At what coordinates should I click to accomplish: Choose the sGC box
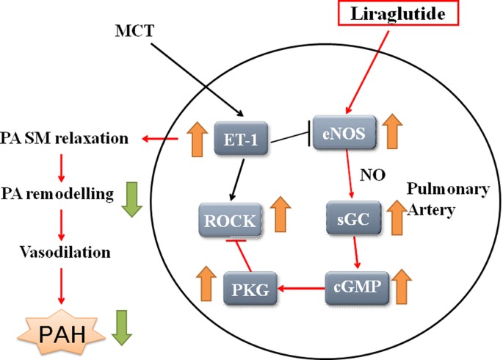coord(347,217)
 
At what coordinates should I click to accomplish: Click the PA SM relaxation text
coord(65,138)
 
